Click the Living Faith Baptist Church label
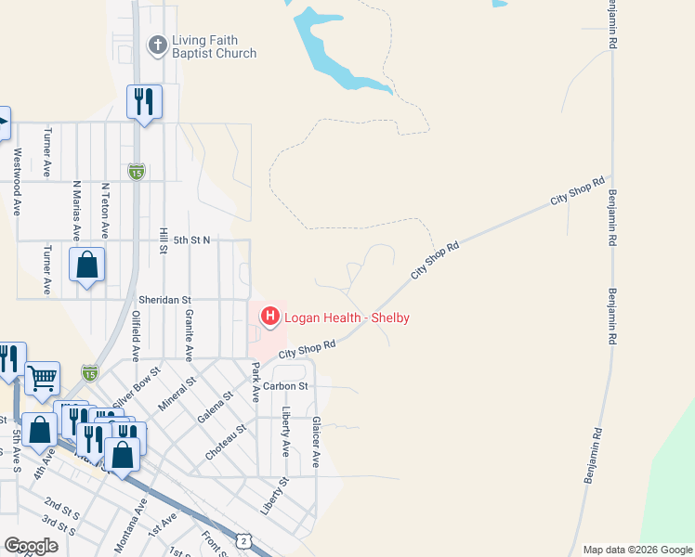click(214, 47)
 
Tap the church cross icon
click(158, 45)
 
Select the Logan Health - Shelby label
click(347, 318)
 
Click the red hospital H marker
click(270, 317)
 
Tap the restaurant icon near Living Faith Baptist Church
click(144, 100)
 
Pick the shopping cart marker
click(42, 377)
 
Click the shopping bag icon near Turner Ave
click(86, 265)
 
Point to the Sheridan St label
click(164, 300)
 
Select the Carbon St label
click(284, 385)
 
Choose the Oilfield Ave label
click(136, 336)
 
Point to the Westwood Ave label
click(16, 182)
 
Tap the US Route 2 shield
click(243, 539)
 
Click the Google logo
click(32, 546)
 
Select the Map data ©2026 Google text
click(636, 550)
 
